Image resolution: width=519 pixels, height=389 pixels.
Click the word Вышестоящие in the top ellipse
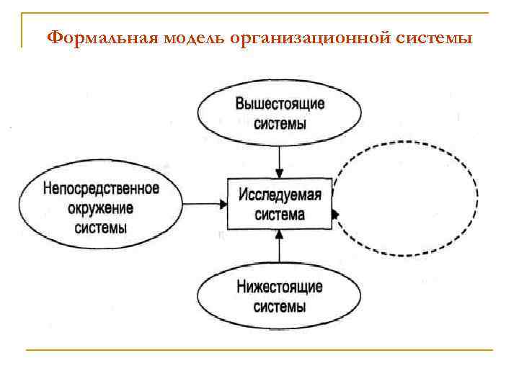click(280, 103)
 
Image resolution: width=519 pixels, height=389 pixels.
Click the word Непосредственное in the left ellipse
click(101, 189)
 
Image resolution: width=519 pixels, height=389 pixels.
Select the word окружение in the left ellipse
click(101, 209)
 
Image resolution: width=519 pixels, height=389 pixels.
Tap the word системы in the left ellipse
click(101, 228)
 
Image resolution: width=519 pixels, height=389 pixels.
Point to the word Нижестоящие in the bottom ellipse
click(280, 287)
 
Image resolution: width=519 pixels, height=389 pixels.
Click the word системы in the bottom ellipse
click(280, 306)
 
